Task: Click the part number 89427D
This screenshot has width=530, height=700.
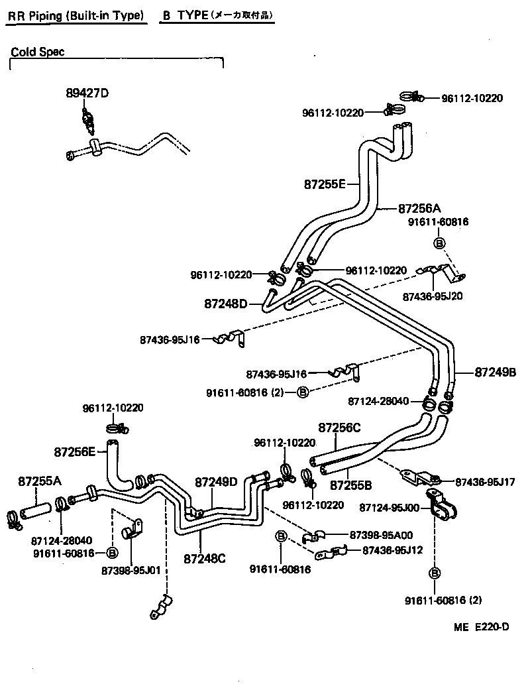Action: click(x=86, y=93)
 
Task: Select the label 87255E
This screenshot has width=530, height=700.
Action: click(x=325, y=184)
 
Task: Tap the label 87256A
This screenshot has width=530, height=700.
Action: click(x=419, y=208)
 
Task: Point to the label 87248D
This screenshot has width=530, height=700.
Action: click(x=225, y=304)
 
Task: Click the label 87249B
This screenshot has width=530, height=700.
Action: click(x=495, y=372)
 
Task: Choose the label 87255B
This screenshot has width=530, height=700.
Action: click(x=351, y=485)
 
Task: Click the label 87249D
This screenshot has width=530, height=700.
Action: click(x=216, y=481)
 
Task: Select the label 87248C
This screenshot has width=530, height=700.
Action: click(x=205, y=558)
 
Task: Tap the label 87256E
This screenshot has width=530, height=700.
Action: click(x=75, y=452)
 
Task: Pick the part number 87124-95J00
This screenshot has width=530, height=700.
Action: click(x=389, y=507)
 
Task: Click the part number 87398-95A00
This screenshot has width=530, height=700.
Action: click(x=370, y=534)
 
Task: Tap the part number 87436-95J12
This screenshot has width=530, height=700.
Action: click(x=394, y=550)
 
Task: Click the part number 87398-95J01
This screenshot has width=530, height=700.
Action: click(x=131, y=569)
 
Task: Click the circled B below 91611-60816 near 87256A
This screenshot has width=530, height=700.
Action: click(x=438, y=243)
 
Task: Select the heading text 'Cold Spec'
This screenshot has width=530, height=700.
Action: click(x=38, y=52)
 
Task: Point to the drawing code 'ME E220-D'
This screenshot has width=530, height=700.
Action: click(x=482, y=627)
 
